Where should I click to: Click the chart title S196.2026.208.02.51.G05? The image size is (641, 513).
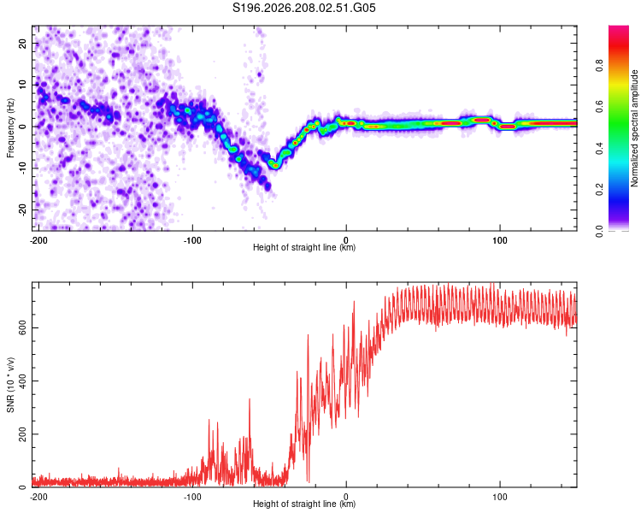coord(303,8)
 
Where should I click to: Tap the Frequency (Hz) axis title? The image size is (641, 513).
coord(10,128)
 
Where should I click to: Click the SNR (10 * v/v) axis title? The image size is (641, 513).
coord(10,385)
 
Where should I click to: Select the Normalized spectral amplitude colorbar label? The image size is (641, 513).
coord(634,128)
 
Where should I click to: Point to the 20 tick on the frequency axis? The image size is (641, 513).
coord(22,44)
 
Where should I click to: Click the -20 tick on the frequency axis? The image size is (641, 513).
coord(22,209)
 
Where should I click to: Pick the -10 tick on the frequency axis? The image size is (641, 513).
coord(22,168)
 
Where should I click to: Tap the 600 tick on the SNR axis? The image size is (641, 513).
coord(22,327)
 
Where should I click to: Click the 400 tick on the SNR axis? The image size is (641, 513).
coord(22,380)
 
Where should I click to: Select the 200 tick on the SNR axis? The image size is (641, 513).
coord(22,433)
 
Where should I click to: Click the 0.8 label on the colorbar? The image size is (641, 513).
coord(599,66)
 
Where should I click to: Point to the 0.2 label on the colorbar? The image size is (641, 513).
coord(599,190)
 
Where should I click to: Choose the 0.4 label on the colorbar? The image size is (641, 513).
coord(599,148)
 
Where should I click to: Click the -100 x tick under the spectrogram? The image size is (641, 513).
coord(192,240)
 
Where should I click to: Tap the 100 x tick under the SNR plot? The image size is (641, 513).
coord(500,497)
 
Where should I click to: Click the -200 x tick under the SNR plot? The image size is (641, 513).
coord(38,497)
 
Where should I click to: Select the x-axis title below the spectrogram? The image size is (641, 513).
coord(304,247)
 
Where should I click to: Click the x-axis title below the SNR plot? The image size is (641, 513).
coord(304,504)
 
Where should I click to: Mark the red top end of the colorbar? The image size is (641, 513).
coord(619,27)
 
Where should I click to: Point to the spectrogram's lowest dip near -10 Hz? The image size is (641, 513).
coord(275,166)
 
